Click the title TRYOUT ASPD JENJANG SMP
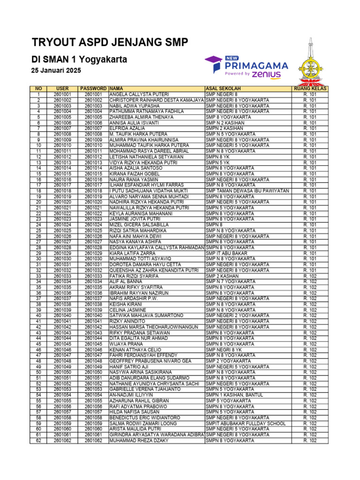point(110,43)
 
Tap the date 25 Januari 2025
point(56,70)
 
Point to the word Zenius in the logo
point(266,74)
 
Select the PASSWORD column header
point(93,89)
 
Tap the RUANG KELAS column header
point(310,89)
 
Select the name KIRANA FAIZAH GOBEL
point(134,174)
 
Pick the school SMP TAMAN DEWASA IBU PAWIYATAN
point(247,191)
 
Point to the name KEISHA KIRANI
point(126,304)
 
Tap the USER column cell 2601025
point(62,231)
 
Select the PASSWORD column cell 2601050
point(93,372)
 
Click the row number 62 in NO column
point(38,440)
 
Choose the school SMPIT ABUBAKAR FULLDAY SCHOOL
point(246,423)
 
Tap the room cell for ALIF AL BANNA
point(310,282)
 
